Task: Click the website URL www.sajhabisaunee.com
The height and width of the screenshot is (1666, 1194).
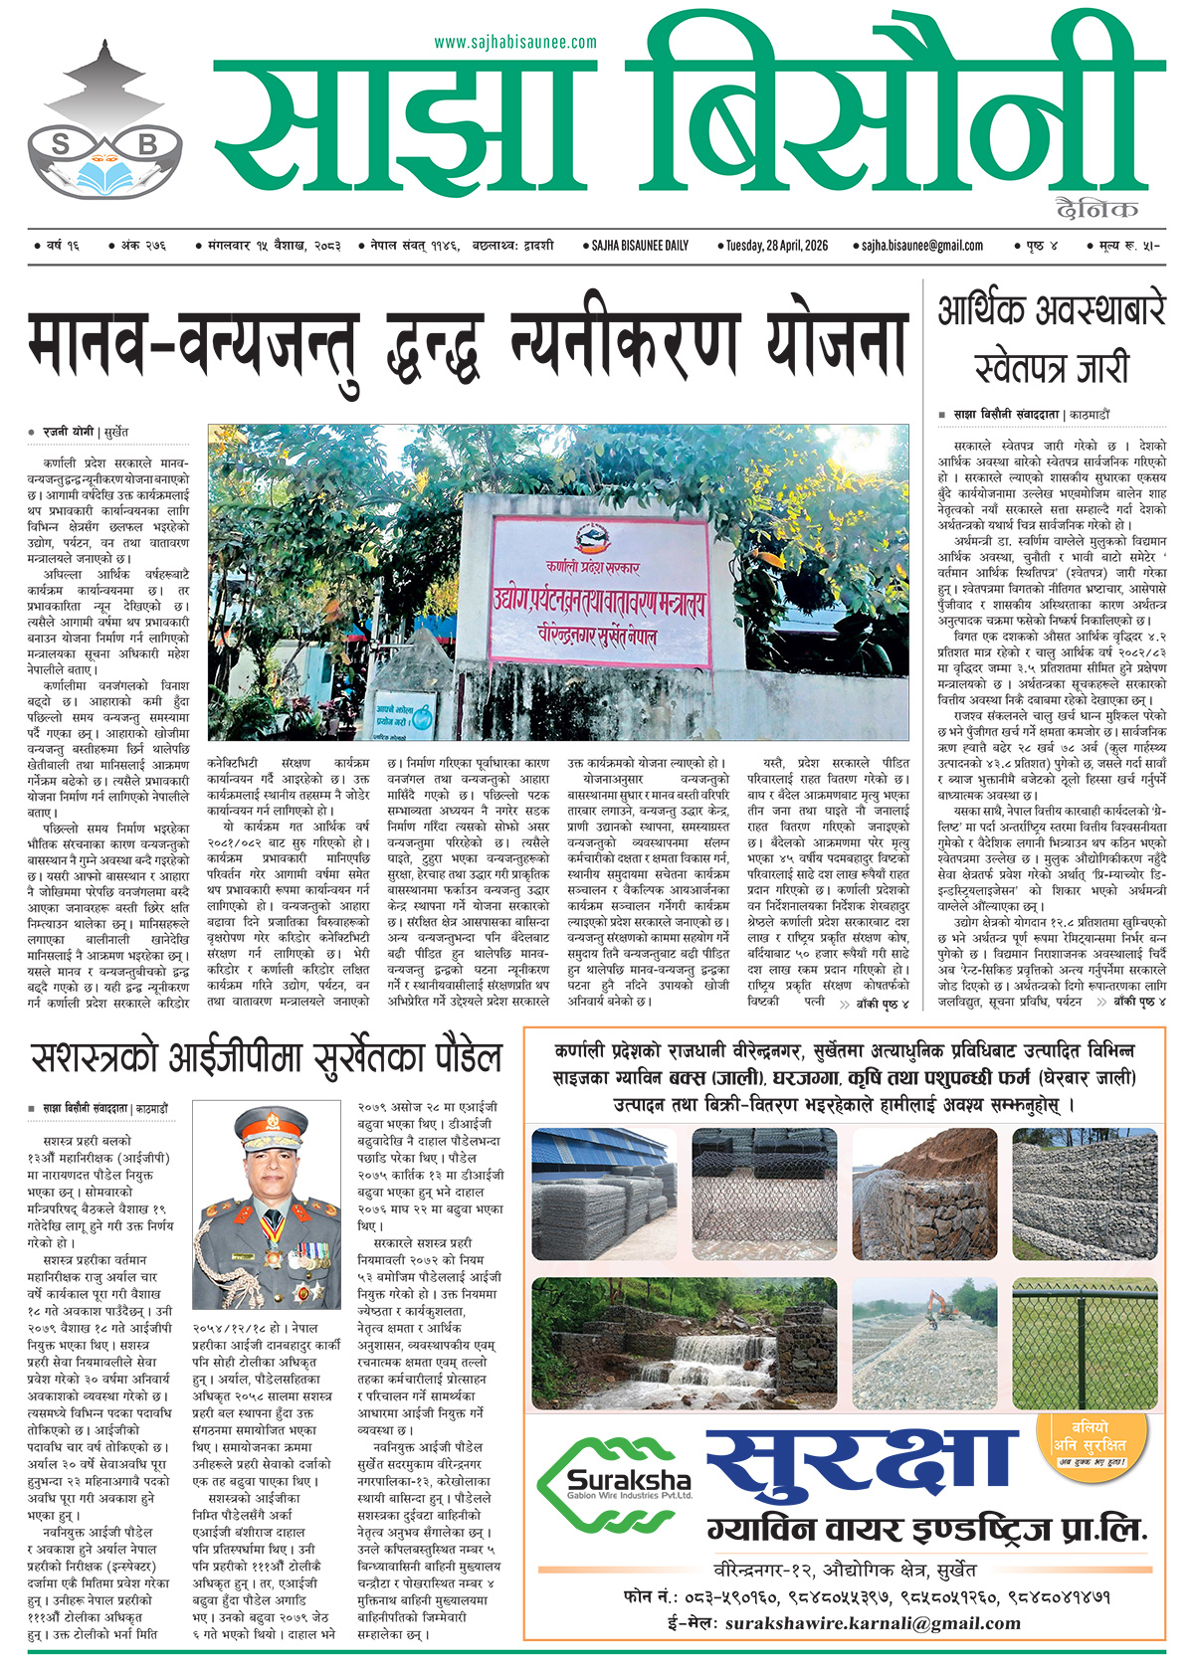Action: (x=515, y=42)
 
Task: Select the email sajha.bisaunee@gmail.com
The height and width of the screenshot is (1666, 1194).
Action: (x=922, y=245)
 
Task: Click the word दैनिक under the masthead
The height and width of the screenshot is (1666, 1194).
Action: (x=1098, y=208)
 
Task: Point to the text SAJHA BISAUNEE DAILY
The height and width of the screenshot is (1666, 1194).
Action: (x=639, y=245)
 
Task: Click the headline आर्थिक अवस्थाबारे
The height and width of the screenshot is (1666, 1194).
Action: (x=1051, y=312)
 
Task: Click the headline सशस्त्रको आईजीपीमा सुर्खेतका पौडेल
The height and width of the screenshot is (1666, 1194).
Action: (x=266, y=1058)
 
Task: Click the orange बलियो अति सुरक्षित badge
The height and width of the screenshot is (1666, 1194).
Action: (x=1092, y=1438)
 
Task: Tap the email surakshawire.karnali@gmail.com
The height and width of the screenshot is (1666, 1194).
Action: (x=873, y=1623)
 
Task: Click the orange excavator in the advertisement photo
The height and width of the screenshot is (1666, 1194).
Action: (x=940, y=1303)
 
